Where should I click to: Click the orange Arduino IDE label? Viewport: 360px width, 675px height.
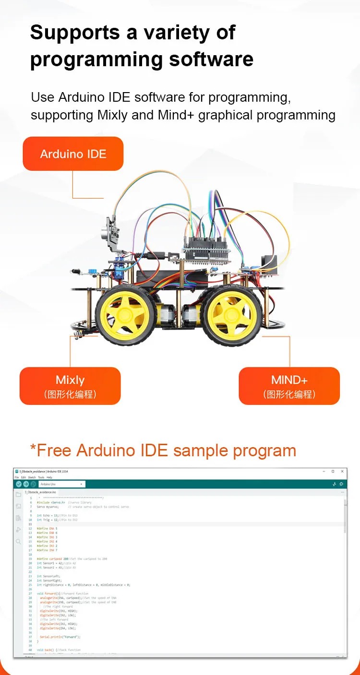tap(73, 154)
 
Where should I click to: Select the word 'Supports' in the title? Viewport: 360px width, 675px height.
tap(75, 32)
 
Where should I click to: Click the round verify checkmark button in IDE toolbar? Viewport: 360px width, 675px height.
tap(19, 484)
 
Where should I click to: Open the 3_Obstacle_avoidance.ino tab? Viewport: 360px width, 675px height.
tap(40, 492)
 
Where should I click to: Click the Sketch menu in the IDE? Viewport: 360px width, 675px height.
tap(32, 477)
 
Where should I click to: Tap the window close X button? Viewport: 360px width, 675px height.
tap(342, 472)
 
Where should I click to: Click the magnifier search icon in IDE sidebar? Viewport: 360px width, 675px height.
tap(18, 541)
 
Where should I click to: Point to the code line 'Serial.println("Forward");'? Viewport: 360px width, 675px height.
tap(60, 637)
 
